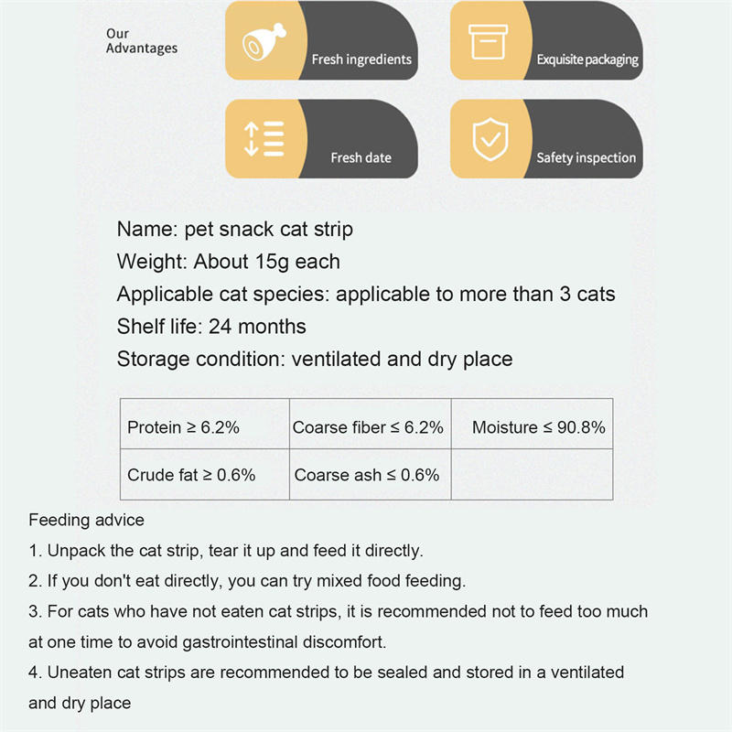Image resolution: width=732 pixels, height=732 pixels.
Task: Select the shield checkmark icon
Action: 487,139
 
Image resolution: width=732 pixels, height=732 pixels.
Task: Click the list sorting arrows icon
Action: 263,139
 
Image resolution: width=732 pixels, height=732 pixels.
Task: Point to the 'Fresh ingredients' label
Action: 361,59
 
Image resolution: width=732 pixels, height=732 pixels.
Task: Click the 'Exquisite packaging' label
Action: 587,59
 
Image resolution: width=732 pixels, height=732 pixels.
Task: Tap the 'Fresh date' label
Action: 361,157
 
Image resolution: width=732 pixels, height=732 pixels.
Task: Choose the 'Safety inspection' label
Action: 586,157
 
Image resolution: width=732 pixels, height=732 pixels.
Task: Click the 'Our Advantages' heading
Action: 141,41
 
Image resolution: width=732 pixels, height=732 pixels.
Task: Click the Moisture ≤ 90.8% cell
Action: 538,427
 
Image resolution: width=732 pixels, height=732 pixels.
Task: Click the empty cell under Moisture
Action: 532,475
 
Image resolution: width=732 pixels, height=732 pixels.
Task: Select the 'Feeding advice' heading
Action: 86,521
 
